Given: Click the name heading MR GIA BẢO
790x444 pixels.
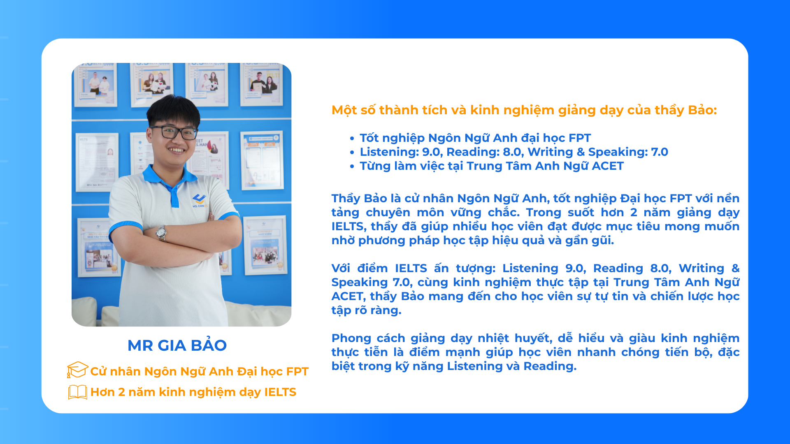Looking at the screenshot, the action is [177, 345].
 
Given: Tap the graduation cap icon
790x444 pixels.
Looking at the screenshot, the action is [77, 370].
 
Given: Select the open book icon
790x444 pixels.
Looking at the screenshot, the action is [77, 392].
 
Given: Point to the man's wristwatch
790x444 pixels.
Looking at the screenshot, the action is [161, 233].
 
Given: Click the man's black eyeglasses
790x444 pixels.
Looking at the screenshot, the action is [174, 132].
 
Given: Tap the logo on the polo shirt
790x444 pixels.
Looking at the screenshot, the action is [200, 201].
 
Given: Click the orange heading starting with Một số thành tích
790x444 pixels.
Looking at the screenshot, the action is [524, 110].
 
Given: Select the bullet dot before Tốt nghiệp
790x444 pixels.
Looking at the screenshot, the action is [352, 139].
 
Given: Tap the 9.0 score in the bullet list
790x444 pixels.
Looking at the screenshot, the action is [431, 152].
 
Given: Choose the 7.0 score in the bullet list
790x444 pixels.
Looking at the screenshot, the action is [660, 152].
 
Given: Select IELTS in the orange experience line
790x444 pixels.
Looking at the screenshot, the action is [280, 392].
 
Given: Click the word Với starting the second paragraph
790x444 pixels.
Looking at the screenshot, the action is [341, 268].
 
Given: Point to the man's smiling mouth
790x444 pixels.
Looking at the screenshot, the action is [177, 150].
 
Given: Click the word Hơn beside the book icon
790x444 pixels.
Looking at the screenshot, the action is [102, 392].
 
